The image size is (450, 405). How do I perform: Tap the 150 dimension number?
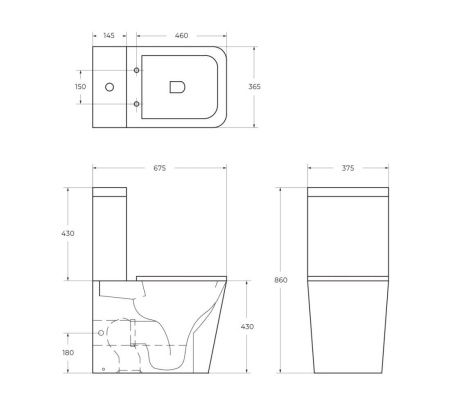tap(80, 87)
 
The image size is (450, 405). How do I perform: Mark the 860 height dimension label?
tap(282, 280)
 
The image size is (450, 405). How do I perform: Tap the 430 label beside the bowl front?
tap(248, 327)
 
